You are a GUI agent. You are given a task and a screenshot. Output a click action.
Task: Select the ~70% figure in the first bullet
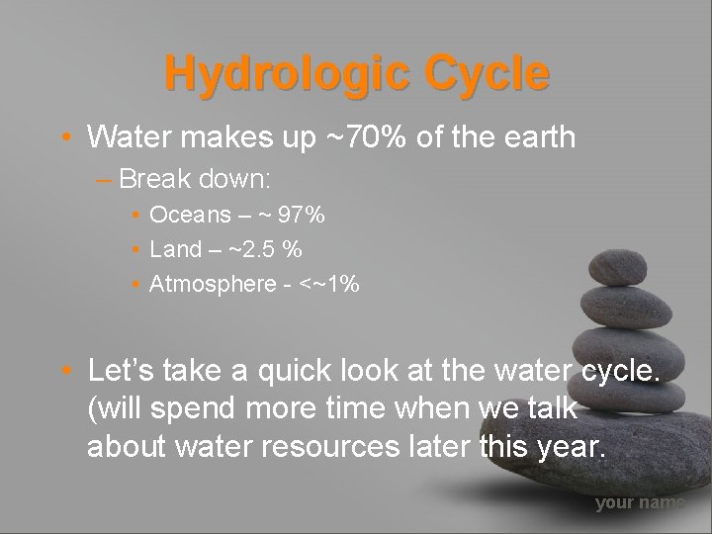click(x=367, y=137)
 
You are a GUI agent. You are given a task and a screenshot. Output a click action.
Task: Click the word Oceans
click(x=184, y=215)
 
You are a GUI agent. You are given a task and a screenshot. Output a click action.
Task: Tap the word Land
click(x=174, y=249)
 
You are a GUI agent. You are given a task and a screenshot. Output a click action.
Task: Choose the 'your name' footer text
click(x=639, y=503)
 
